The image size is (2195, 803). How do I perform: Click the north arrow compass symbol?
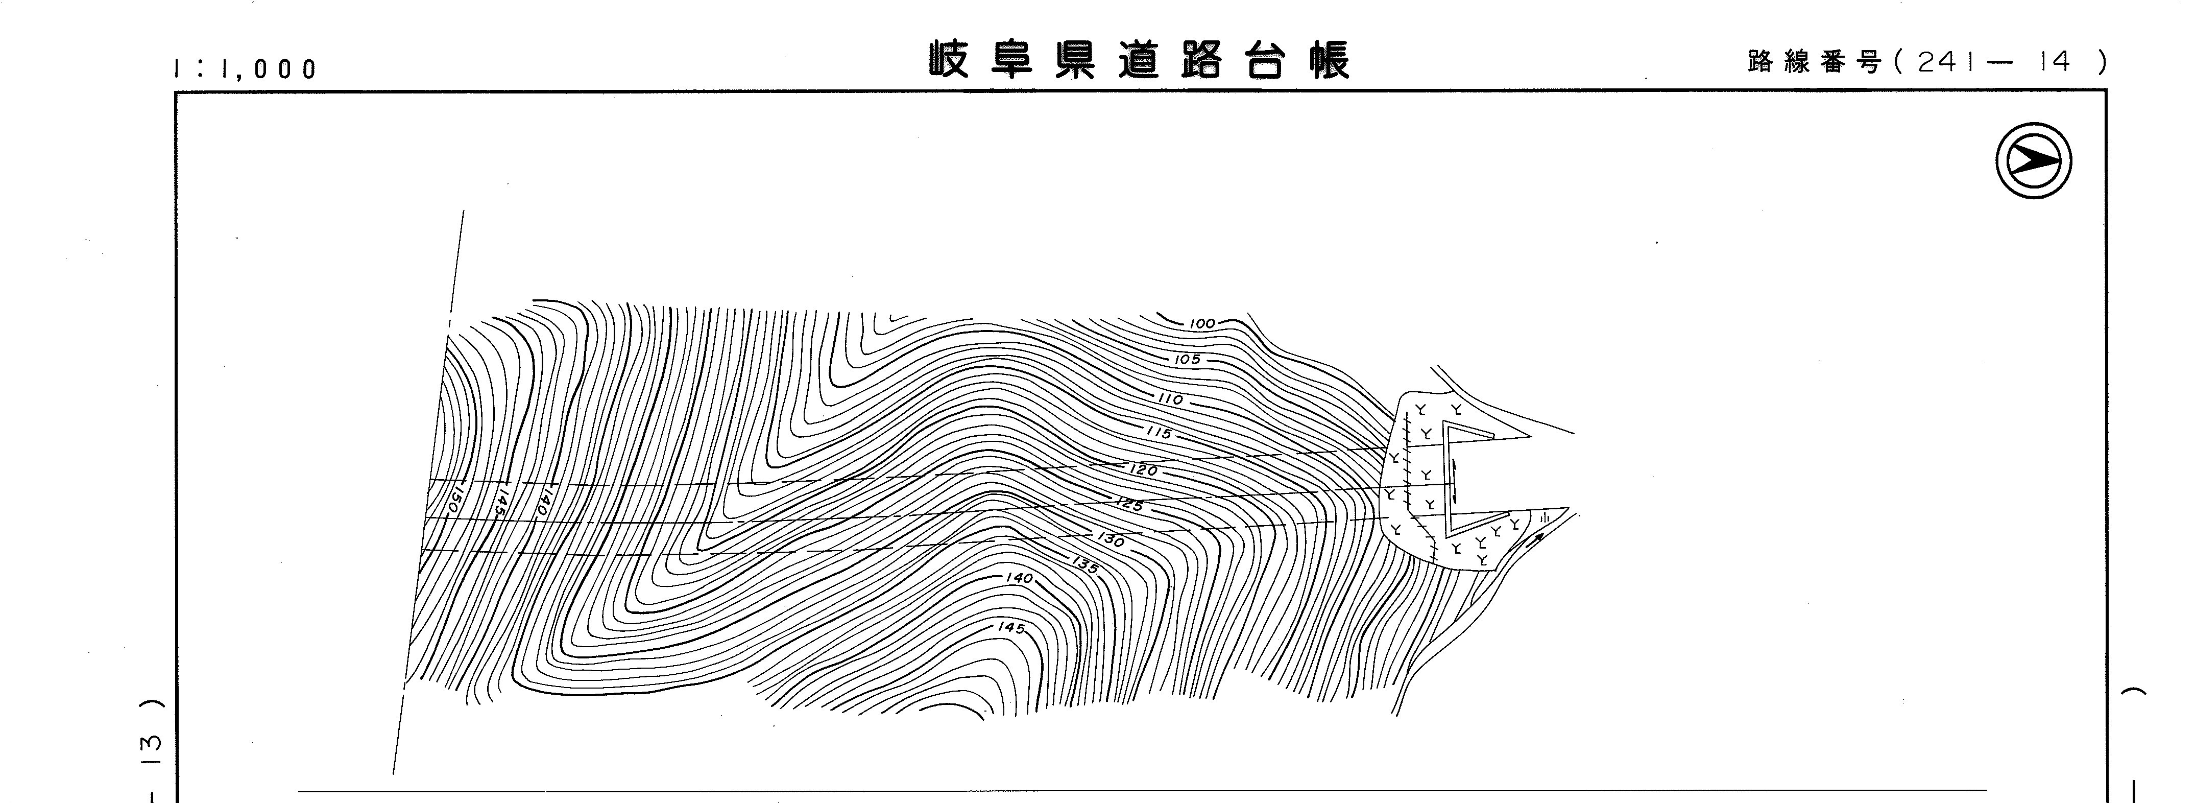point(2033,160)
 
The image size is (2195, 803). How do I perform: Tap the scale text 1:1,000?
point(246,69)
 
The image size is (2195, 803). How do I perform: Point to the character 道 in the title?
point(1139,60)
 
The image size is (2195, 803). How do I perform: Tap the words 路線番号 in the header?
point(1813,62)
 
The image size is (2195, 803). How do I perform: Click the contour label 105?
point(1187,360)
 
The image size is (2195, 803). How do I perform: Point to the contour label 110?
point(1170,399)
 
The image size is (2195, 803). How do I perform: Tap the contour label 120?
point(1144,470)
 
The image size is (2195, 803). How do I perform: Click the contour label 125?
point(1129,505)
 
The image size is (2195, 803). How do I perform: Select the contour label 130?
point(1111,540)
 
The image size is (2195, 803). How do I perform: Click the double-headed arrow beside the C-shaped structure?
point(1455,482)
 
